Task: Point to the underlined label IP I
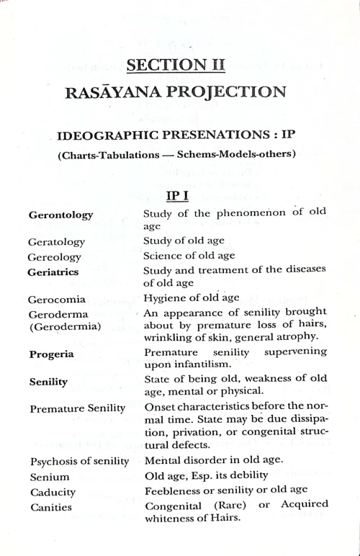click(x=179, y=197)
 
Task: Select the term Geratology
click(x=57, y=241)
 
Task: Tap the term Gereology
click(x=55, y=256)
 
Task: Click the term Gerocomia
click(x=57, y=298)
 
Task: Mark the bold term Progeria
click(x=50, y=354)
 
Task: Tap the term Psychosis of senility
click(x=79, y=461)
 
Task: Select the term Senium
click(x=50, y=477)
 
